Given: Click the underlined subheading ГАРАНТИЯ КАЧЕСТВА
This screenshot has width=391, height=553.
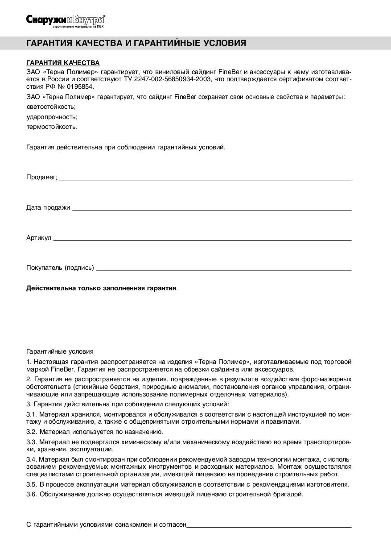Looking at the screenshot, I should pos(63,63).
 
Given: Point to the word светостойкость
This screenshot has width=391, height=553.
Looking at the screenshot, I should pos(51,107).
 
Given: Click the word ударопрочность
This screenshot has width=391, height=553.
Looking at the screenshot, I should pos(52,117).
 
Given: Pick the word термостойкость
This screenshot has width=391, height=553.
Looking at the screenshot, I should pos(52,127).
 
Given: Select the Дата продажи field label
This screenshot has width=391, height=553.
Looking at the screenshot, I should pos(48,207).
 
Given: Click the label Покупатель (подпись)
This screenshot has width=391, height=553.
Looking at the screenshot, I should pos(60,268).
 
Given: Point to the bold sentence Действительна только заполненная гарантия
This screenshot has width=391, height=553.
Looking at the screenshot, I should pos(102,288).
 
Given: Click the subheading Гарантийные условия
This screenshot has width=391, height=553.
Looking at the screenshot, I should pos(60,351).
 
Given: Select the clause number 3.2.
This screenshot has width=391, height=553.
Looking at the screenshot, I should pos(32,432).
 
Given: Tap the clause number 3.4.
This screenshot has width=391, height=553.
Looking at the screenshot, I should pos(32,459).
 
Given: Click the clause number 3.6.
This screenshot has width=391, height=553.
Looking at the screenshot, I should pos(32,494).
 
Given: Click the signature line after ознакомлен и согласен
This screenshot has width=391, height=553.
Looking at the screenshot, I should pos(269,526).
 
